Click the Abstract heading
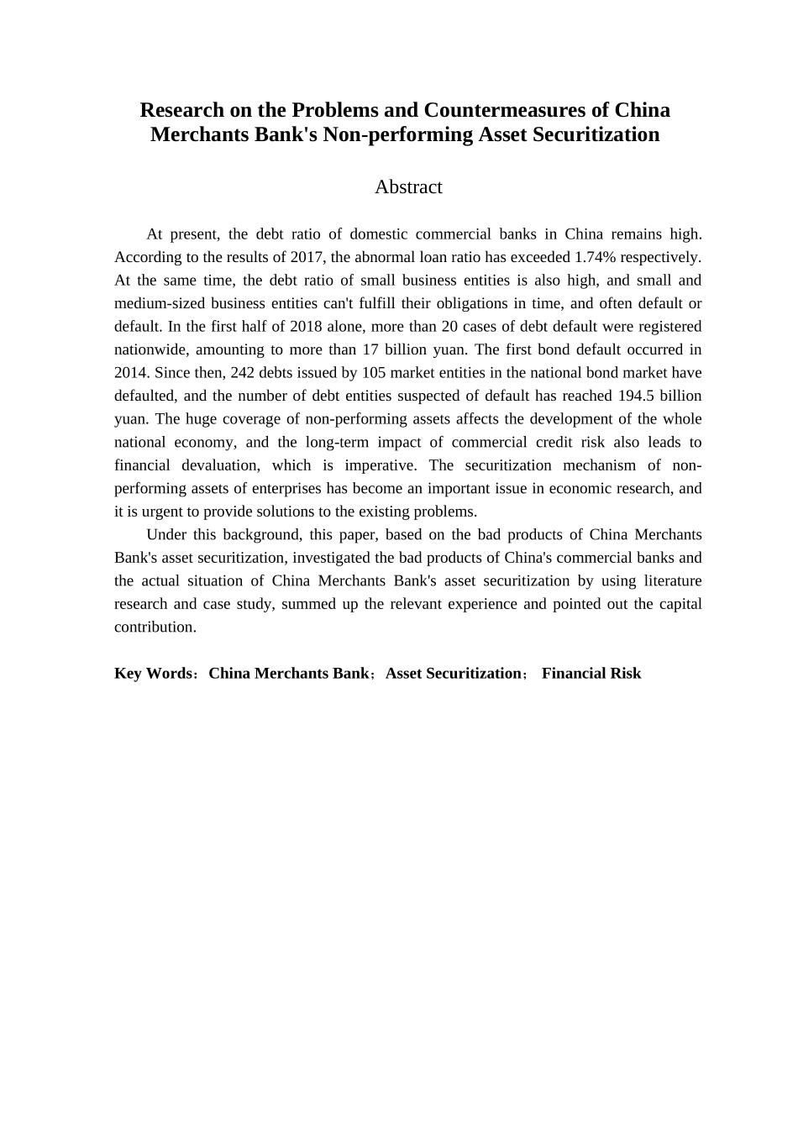pos(408,186)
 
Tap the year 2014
pos(131,373)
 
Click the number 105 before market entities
pos(373,373)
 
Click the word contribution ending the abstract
pos(154,628)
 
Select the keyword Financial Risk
pos(591,674)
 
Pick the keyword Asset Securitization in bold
pos(454,674)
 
